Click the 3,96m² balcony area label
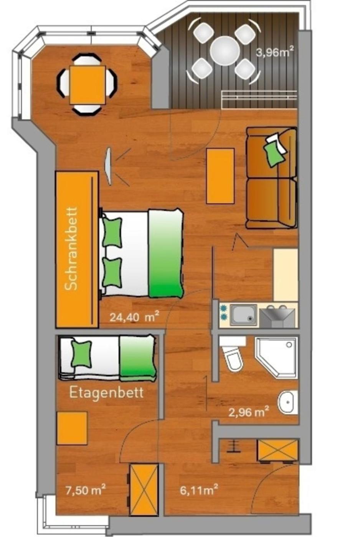click(275, 52)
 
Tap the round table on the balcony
click(225, 51)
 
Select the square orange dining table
click(88, 85)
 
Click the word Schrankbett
click(72, 249)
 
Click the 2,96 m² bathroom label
click(248, 413)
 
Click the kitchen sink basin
click(243, 315)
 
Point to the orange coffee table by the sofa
click(220, 176)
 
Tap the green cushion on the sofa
click(273, 153)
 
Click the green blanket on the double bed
click(166, 254)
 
